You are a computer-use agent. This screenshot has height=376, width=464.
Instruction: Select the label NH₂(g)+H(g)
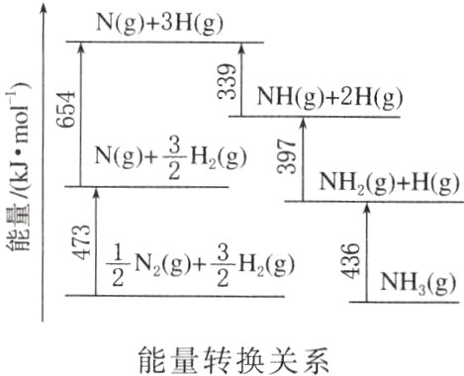pyautogui.click(x=391, y=183)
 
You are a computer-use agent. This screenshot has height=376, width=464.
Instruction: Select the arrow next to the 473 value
pyautogui.click(x=96, y=240)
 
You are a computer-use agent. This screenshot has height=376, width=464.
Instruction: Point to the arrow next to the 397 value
pyautogui.click(x=304, y=158)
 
